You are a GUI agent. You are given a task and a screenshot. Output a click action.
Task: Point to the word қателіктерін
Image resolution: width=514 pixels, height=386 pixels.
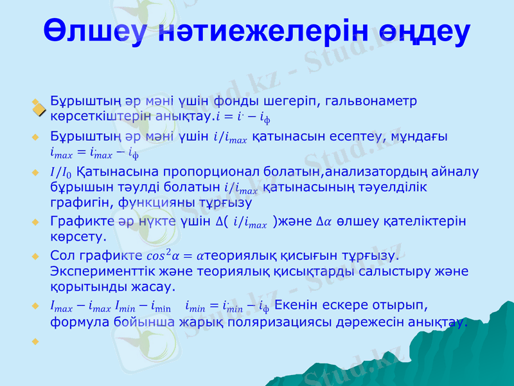(425, 221)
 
